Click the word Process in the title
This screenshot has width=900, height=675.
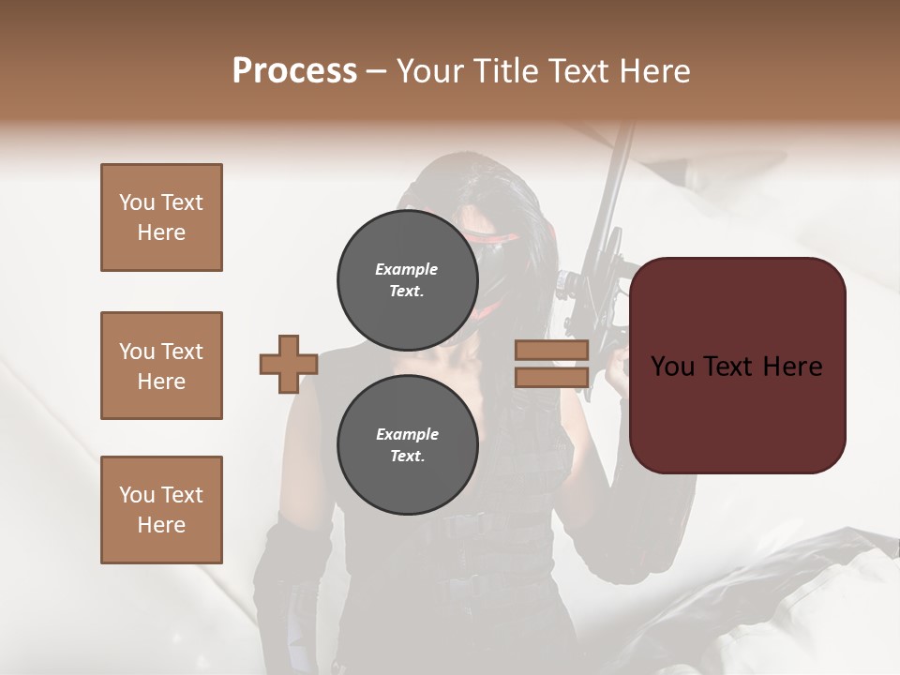(294, 71)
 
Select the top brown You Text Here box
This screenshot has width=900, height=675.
(161, 217)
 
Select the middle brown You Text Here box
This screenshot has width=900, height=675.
(161, 366)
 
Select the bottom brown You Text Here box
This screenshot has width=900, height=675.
(161, 509)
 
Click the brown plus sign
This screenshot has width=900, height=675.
(289, 364)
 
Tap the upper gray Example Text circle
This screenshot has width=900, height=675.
(407, 279)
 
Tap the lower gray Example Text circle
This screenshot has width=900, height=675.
(407, 444)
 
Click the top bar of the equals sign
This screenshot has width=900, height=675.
(551, 350)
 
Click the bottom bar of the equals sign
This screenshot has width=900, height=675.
(551, 377)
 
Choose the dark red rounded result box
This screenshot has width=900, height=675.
(737, 412)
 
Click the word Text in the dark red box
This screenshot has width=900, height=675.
(736, 366)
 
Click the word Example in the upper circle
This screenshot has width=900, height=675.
(407, 269)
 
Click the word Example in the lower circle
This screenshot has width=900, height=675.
(407, 434)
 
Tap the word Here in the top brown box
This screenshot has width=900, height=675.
(161, 232)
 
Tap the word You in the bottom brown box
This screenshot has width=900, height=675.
(136, 494)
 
